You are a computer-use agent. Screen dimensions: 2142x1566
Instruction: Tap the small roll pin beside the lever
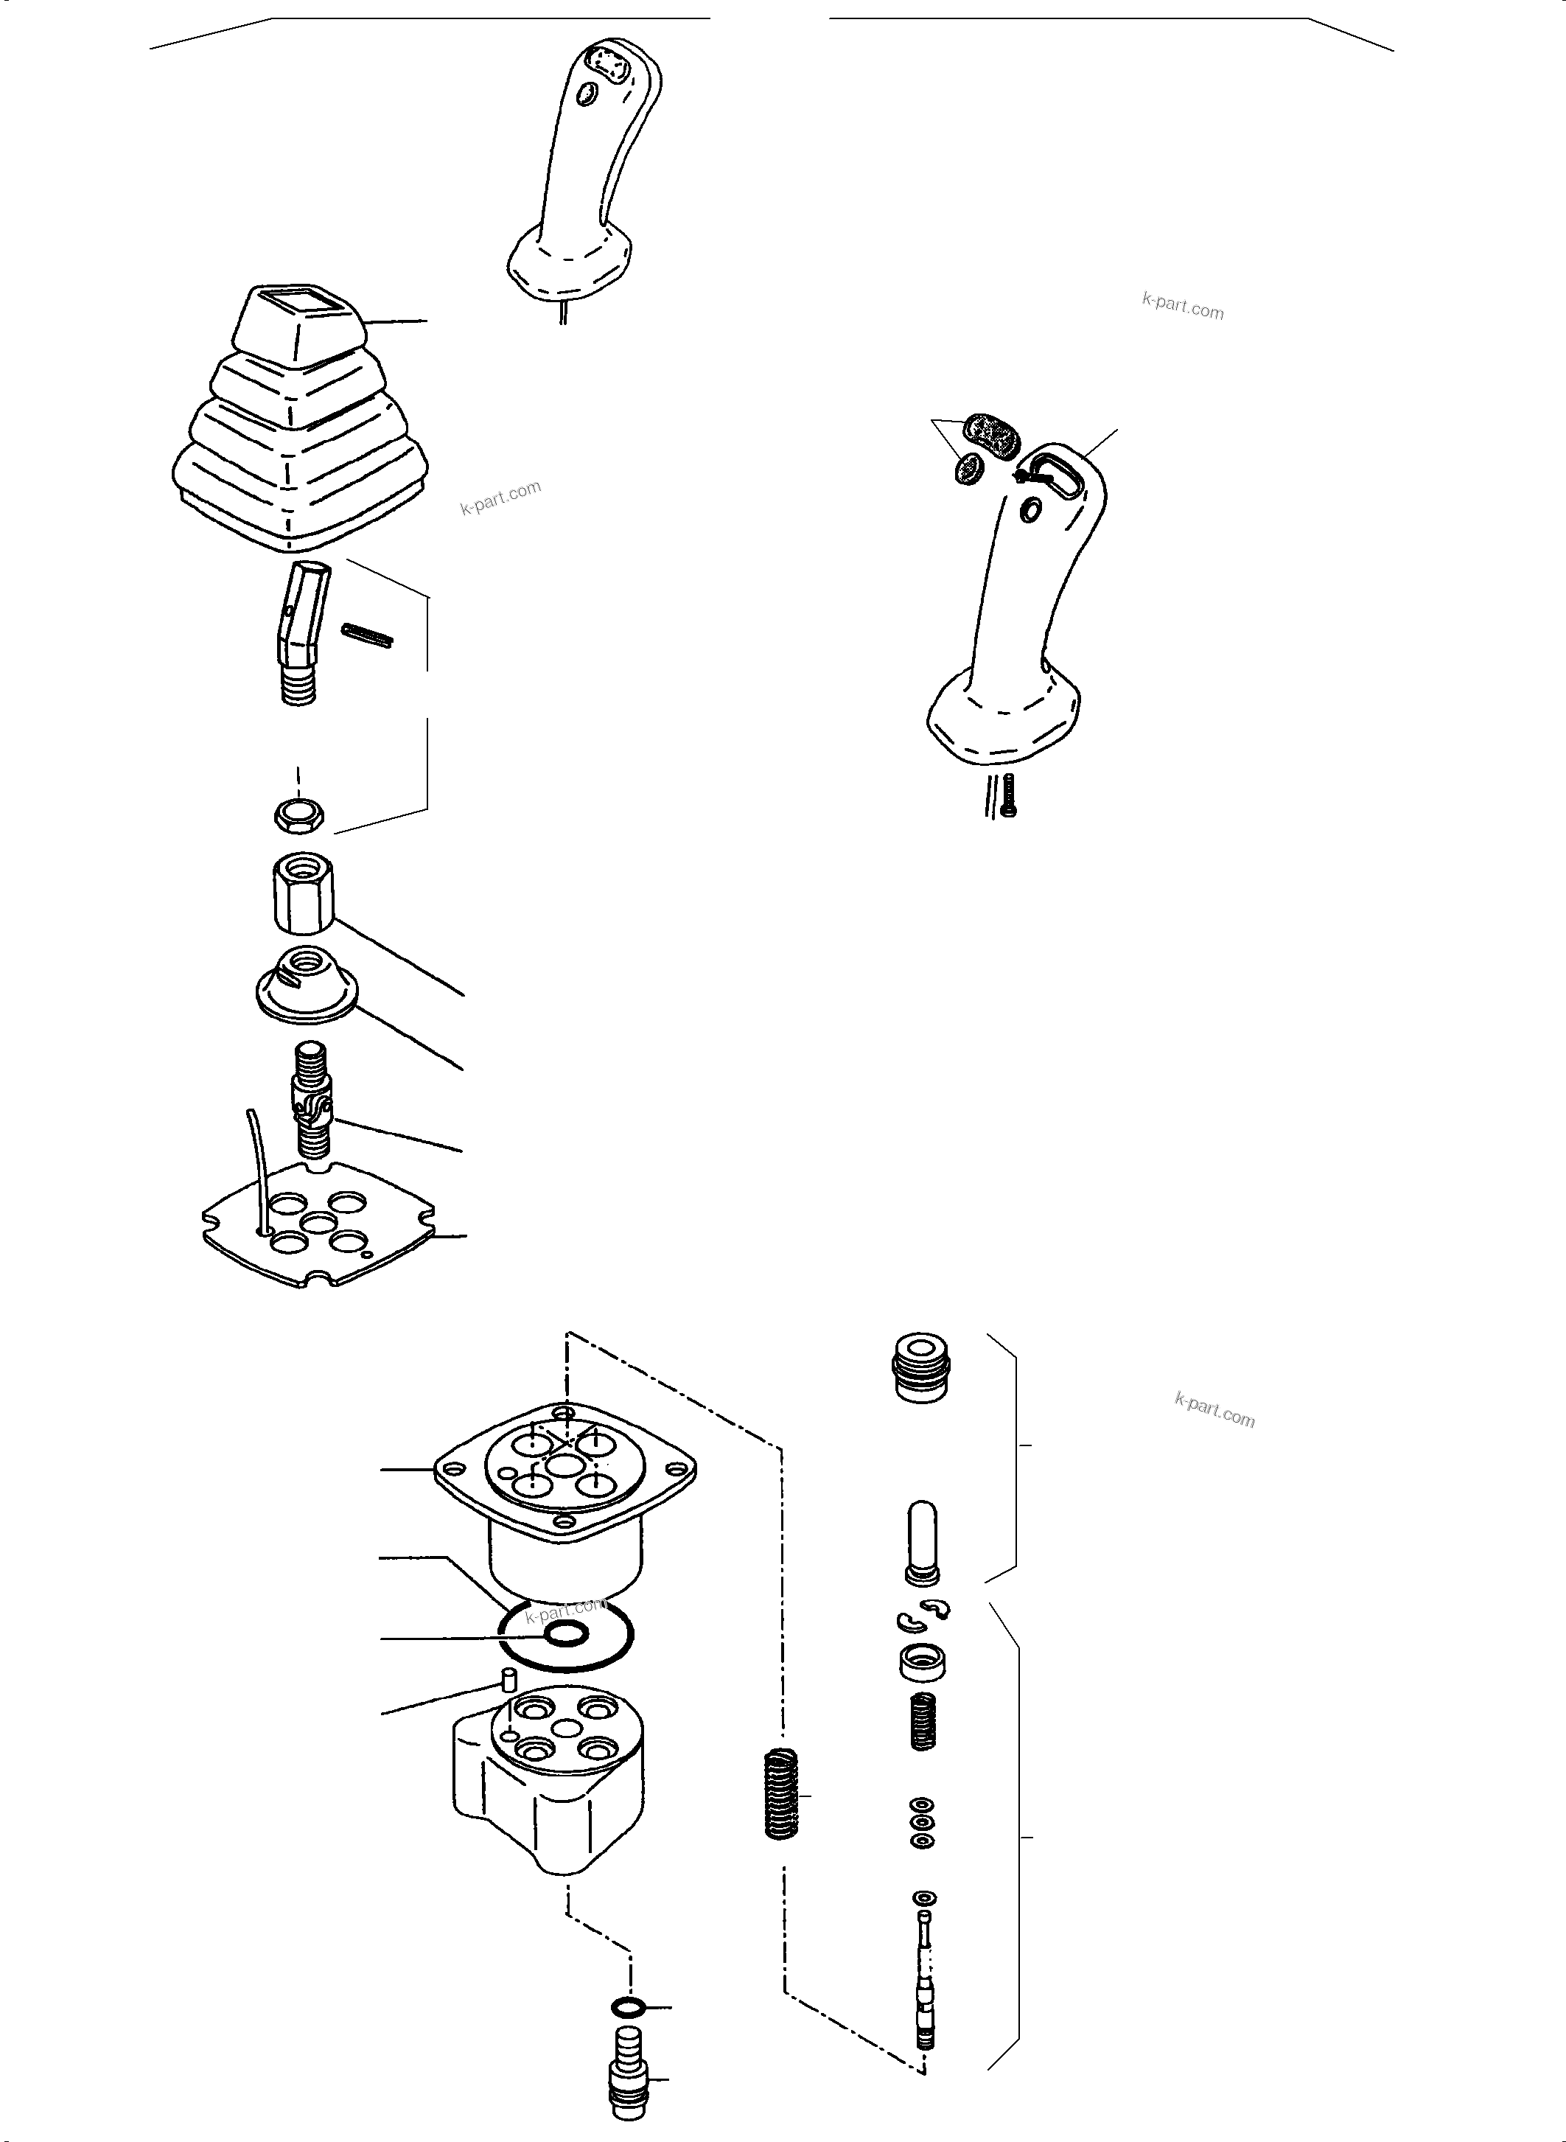point(367,636)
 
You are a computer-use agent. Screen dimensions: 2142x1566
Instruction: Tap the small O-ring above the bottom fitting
point(629,2007)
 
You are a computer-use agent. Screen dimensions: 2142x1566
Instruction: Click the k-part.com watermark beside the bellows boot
point(500,497)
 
